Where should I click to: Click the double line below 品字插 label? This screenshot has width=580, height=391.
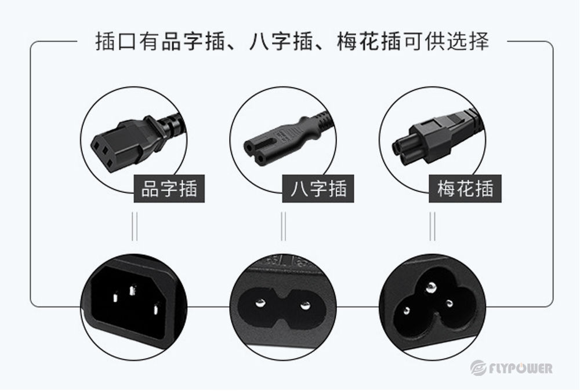[134, 226]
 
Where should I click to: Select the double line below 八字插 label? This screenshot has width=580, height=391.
[283, 226]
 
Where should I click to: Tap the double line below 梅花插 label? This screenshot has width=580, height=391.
[432, 226]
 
